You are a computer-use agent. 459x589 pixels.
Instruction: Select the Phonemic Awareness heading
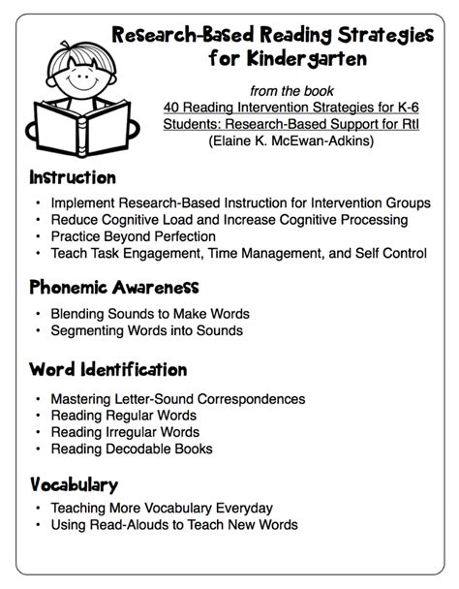click(114, 288)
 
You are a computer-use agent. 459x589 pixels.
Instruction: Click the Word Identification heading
click(107, 370)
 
